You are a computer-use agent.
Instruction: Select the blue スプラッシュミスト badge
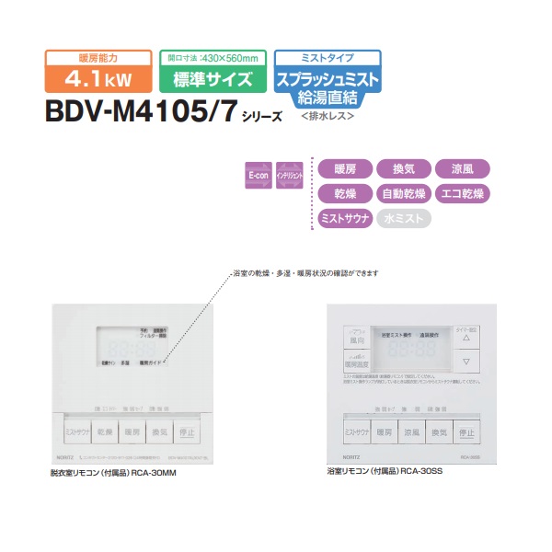[x=328, y=80]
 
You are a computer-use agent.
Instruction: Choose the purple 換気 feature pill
[x=404, y=168]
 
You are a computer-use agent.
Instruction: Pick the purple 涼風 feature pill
[x=463, y=168]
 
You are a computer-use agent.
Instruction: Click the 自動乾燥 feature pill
[x=404, y=193]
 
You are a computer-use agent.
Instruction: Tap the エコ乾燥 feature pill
[x=463, y=193]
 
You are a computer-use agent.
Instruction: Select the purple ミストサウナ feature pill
[x=344, y=218]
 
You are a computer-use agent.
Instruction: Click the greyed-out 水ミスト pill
[x=404, y=218]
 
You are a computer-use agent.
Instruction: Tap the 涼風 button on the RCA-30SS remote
[x=411, y=431]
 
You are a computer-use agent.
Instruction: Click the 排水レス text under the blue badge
[x=327, y=117]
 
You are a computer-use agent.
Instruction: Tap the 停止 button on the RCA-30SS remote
[x=466, y=431]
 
